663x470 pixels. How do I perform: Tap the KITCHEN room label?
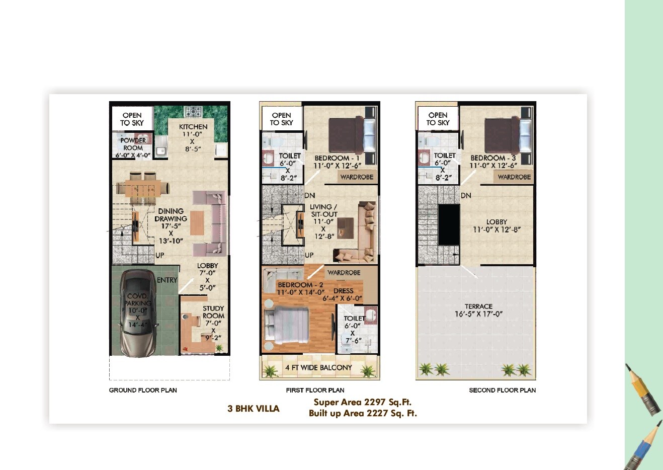[193, 127]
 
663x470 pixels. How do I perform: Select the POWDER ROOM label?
[133, 144]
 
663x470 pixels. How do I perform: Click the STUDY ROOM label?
[213, 312]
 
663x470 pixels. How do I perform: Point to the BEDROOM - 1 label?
[337, 158]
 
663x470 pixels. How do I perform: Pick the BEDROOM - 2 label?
[300, 285]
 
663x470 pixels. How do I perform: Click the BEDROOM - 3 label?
[493, 158]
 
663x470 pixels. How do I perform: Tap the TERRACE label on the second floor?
[478, 306]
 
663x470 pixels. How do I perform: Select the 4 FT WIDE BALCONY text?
[319, 368]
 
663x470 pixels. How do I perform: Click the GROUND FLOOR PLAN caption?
[143, 390]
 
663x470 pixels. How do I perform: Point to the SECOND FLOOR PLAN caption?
[502, 390]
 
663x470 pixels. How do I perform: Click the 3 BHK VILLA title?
[253, 409]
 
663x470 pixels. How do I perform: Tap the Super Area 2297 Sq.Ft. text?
[362, 402]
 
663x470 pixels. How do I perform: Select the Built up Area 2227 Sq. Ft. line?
[363, 413]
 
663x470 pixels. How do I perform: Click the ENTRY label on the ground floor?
[167, 280]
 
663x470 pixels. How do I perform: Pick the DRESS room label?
[343, 291]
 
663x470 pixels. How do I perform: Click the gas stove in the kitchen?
[193, 112]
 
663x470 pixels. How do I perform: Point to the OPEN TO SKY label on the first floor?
[281, 119]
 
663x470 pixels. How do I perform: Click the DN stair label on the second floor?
[466, 195]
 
